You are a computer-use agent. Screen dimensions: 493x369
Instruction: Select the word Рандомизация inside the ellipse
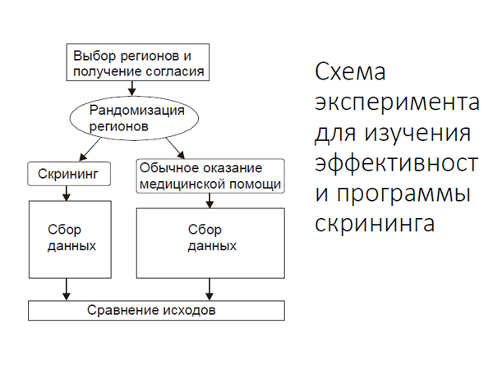point(136,111)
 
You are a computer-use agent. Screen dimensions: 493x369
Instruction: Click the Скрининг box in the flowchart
point(69,174)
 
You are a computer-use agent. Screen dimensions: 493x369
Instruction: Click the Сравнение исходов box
point(156,310)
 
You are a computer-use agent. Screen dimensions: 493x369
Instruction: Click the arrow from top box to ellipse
point(132,89)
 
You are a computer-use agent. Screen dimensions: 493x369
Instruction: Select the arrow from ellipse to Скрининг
point(90,149)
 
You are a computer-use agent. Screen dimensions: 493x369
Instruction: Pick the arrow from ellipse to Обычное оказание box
point(176,148)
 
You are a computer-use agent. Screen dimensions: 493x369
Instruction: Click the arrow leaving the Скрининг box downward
point(66,194)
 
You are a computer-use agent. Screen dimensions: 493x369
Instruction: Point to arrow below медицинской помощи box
point(210,201)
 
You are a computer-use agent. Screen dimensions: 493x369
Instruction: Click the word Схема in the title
point(350,71)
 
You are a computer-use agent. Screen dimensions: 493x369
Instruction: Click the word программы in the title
point(403,194)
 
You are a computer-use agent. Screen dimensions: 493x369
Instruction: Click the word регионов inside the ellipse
point(119,127)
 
